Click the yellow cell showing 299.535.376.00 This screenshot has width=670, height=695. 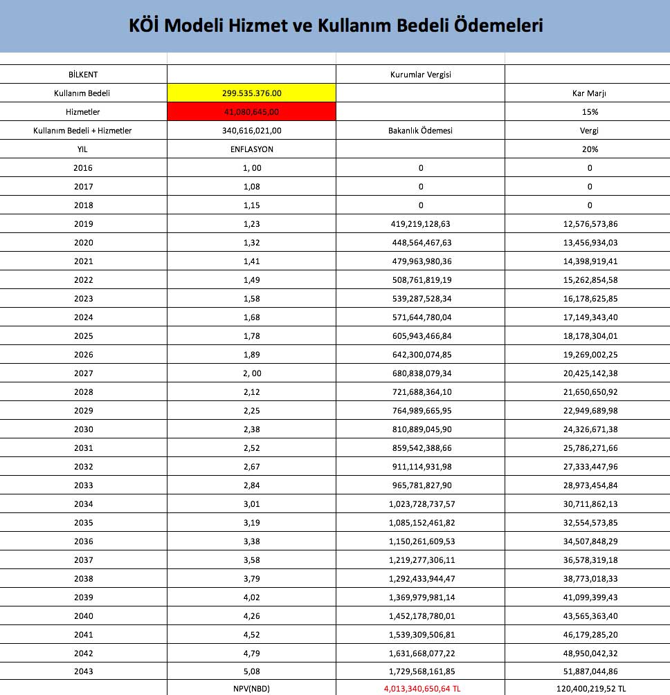[x=251, y=93]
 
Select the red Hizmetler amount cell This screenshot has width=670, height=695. [x=251, y=111]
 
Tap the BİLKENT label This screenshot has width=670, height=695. [x=83, y=75]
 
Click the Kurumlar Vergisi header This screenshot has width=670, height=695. [x=421, y=75]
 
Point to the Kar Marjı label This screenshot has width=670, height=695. [x=590, y=93]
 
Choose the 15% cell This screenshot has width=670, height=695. [x=590, y=111]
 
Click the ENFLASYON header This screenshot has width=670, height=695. [x=251, y=149]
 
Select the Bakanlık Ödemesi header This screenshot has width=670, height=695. [x=421, y=130]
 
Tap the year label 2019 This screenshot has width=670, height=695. [x=83, y=224]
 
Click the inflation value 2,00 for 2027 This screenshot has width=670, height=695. [x=251, y=373]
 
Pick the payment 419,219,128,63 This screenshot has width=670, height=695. [x=421, y=224]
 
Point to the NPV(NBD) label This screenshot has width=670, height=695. [x=251, y=689]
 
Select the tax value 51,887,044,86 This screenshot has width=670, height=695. [x=590, y=671]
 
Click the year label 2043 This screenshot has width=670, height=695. [x=83, y=671]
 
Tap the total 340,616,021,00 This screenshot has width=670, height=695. [x=251, y=130]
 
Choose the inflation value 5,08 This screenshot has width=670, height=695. [x=251, y=671]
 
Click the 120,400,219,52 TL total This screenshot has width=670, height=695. [x=591, y=689]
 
